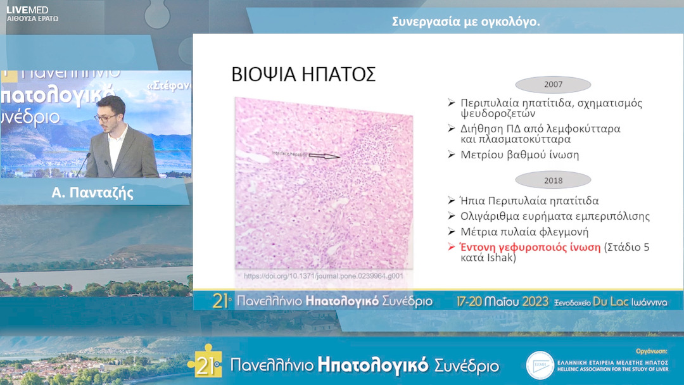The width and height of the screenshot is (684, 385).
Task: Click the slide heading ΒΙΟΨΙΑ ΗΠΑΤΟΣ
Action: (x=304, y=74)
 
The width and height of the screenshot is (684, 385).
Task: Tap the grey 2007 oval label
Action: (x=553, y=84)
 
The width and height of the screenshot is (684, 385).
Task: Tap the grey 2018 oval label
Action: (x=553, y=180)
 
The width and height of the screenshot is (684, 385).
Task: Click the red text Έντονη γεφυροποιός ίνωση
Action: (x=529, y=248)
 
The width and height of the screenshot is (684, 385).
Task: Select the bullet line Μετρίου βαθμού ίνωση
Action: (x=519, y=155)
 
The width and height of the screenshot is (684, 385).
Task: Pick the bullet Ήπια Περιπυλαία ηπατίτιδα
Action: (x=529, y=201)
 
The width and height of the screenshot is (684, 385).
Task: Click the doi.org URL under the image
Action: (x=323, y=277)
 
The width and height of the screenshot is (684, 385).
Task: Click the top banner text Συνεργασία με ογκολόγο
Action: (x=465, y=22)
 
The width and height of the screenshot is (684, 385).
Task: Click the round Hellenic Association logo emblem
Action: (x=540, y=365)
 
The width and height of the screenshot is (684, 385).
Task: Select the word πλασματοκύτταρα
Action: (x=516, y=139)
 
